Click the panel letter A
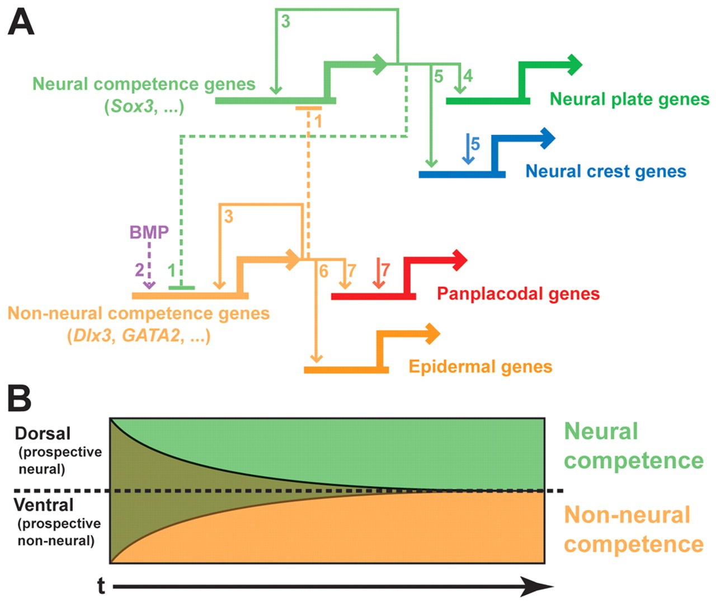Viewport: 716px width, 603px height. click(x=21, y=24)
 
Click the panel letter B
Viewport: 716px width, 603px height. click(x=20, y=398)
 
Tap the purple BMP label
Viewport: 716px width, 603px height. click(x=149, y=232)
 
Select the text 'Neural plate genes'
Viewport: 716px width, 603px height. click(x=629, y=99)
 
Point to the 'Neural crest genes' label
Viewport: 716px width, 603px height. click(x=606, y=171)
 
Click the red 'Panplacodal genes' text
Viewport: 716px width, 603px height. click(x=518, y=293)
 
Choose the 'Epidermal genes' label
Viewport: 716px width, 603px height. click(x=481, y=366)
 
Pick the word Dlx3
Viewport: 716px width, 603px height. click(x=92, y=335)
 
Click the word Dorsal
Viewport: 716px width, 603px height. click(x=43, y=433)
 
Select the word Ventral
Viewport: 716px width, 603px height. click(x=44, y=505)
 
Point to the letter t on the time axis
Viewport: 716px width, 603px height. click(x=101, y=586)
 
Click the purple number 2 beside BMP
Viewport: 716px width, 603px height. click(x=139, y=270)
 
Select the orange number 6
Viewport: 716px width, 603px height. click(x=323, y=271)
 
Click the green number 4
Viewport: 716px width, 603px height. click(x=468, y=76)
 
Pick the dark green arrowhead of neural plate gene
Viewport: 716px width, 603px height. click(x=574, y=65)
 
